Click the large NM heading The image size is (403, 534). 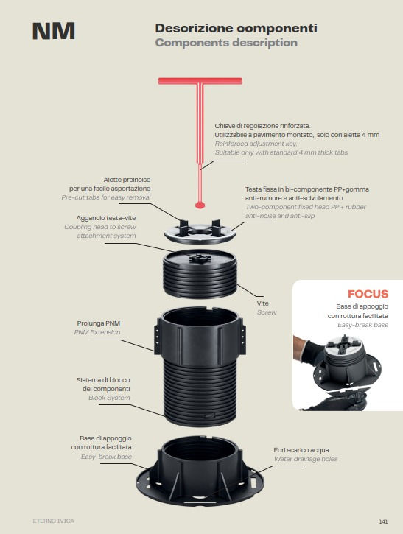(54, 31)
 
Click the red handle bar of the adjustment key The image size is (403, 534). (200, 81)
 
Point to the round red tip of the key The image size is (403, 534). (200, 205)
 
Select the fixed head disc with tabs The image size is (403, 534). (200, 232)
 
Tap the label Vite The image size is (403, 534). (262, 303)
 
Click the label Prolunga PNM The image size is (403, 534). (99, 323)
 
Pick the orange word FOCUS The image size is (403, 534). (368, 294)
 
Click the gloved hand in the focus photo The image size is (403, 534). (308, 351)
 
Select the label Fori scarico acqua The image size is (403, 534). (301, 450)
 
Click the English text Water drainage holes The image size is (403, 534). (306, 459)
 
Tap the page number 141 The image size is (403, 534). (383, 521)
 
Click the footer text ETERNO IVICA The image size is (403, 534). (54, 521)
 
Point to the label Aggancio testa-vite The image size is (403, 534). (106, 218)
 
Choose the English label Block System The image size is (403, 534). (109, 398)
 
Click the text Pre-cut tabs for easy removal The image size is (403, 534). (106, 197)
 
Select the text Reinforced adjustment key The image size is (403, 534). (256, 144)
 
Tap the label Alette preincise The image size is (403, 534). (127, 180)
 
